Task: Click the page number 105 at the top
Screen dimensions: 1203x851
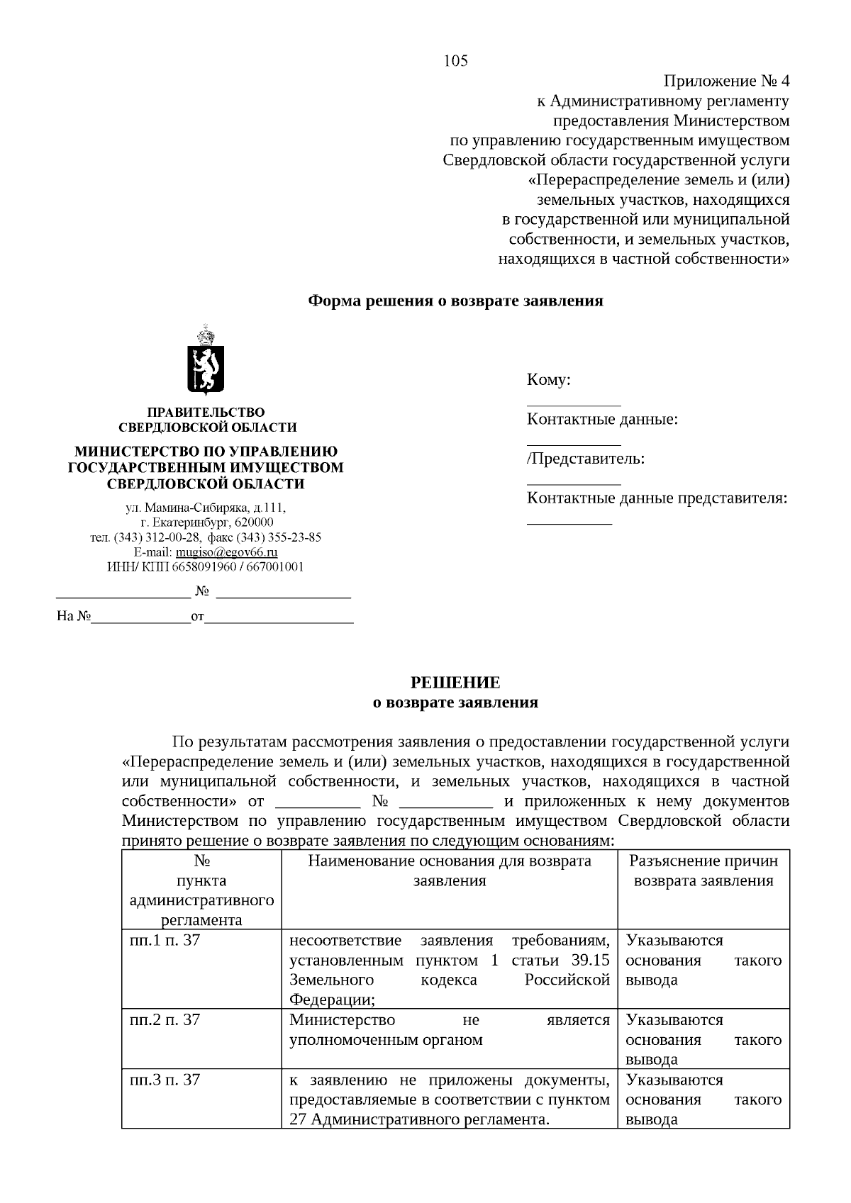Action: coord(455,61)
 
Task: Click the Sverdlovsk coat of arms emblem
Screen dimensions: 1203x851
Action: coord(205,360)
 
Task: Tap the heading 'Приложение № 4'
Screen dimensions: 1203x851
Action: coord(726,81)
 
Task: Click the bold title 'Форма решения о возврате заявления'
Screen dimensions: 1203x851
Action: coord(455,301)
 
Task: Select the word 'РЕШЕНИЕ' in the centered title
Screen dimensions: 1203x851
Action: coord(455,683)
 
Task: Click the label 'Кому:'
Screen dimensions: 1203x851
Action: coord(548,380)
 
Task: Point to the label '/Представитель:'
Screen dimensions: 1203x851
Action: coord(586,459)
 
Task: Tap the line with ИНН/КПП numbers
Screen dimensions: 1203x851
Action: coord(205,567)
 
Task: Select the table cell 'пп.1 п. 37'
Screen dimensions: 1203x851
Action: coord(165,941)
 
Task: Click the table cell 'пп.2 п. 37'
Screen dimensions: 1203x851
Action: coord(165,1021)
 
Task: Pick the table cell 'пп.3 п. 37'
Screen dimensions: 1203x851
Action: coord(165,1080)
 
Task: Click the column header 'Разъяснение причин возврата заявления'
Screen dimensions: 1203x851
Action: coord(703,871)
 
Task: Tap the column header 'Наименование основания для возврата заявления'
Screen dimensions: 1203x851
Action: coord(450,871)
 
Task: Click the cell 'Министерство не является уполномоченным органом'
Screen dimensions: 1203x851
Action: coord(450,1031)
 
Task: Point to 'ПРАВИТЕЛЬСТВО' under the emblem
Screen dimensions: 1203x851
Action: coord(206,413)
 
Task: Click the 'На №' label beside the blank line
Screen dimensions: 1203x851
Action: coord(74,617)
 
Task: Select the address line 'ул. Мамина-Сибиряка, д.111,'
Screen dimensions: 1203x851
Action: coord(206,508)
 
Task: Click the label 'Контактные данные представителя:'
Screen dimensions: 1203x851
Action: coord(657,498)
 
